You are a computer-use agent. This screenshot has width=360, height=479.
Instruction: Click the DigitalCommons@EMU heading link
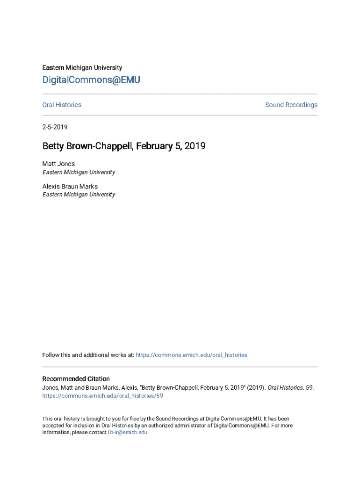[x=91, y=80]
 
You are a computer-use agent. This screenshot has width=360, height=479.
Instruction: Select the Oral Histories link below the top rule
[x=62, y=105]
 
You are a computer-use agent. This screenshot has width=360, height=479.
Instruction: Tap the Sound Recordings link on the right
[x=291, y=105]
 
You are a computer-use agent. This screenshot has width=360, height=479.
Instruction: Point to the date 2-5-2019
[x=55, y=127]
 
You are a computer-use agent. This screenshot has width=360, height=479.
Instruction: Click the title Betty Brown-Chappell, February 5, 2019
[x=124, y=146]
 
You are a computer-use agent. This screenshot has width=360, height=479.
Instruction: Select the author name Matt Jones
[x=58, y=164]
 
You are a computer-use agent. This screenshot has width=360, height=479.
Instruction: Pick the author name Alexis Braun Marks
[x=70, y=186]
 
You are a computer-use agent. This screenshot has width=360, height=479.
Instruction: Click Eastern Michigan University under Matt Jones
[x=79, y=172]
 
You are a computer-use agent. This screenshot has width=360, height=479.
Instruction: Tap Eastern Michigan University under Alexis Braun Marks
[x=79, y=195]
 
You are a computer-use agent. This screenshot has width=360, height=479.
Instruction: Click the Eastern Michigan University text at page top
[x=82, y=68]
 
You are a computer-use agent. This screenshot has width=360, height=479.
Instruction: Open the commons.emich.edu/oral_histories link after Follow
[x=191, y=355]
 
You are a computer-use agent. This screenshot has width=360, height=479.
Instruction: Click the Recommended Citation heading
[x=76, y=379]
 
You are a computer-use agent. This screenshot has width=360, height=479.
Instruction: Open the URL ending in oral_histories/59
[x=102, y=396]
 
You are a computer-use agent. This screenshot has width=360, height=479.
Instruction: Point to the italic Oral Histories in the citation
[x=285, y=387]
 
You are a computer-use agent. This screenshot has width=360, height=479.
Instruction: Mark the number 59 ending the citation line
[x=310, y=387]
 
